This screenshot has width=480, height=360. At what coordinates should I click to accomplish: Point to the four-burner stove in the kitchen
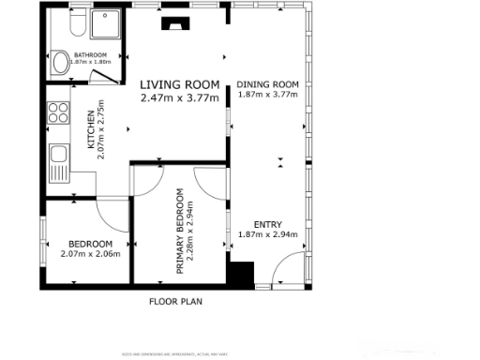tap(58, 112)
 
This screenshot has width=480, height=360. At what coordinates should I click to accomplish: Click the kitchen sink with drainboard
tap(58, 162)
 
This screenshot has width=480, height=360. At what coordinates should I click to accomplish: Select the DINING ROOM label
tap(267, 84)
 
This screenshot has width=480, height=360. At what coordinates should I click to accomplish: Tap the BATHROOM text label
tap(91, 56)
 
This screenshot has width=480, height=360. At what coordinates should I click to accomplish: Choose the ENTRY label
tap(267, 225)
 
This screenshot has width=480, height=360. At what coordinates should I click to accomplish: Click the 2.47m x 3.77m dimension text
tap(179, 97)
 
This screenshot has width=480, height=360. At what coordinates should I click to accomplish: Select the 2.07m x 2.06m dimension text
tap(90, 253)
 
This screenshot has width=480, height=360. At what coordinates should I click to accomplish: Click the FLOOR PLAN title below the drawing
tap(176, 302)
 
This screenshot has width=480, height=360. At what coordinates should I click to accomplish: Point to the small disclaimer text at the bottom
tap(177, 353)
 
